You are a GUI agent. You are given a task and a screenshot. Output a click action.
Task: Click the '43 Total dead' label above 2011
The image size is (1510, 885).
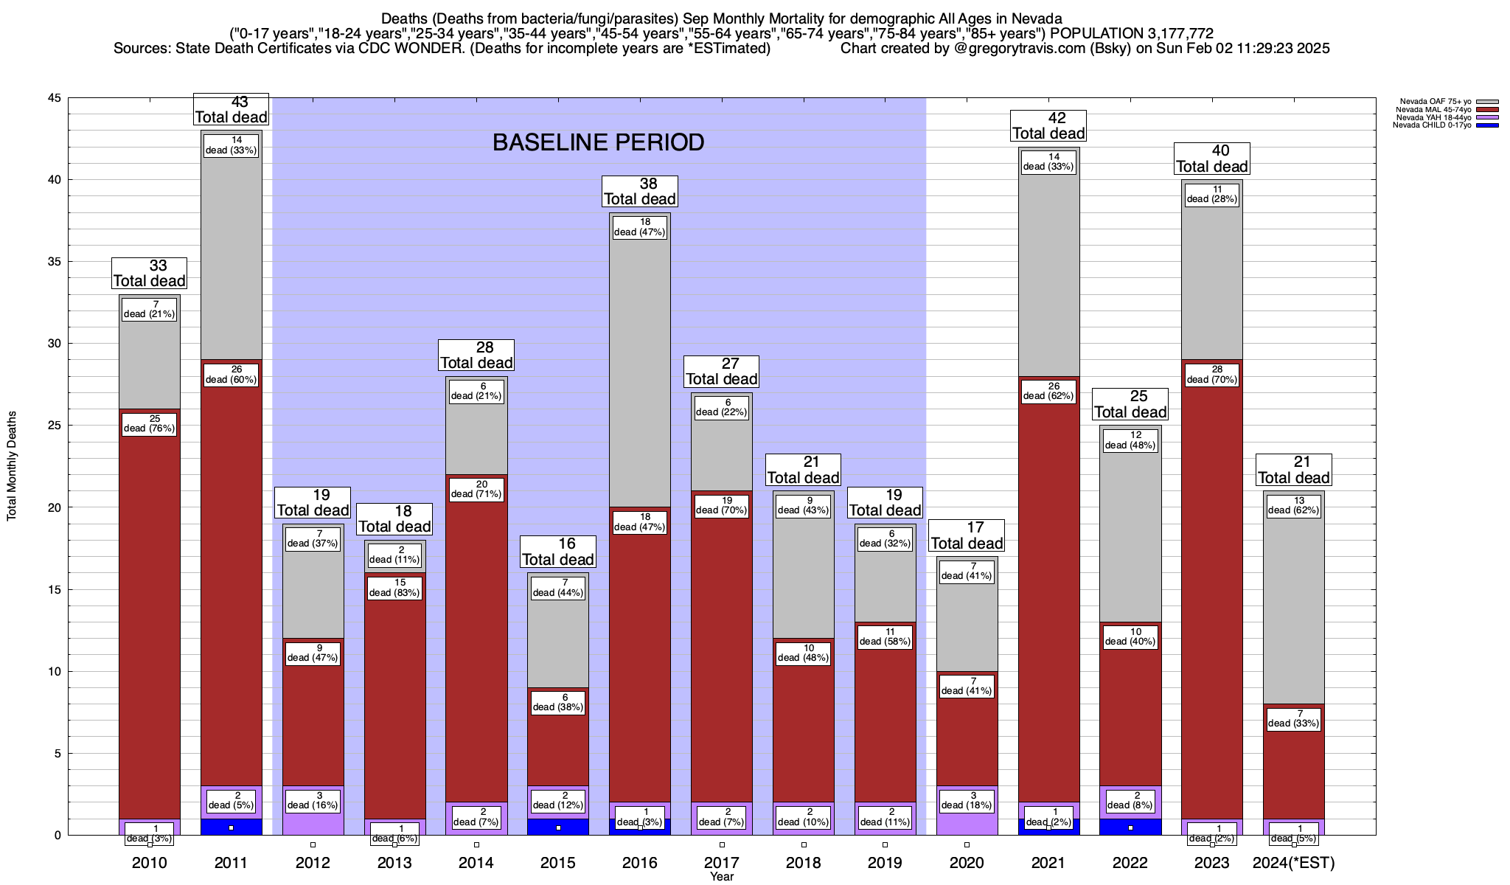pyautogui.click(x=231, y=109)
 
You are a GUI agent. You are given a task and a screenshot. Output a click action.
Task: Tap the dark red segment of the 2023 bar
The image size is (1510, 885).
pyautogui.click(x=1212, y=590)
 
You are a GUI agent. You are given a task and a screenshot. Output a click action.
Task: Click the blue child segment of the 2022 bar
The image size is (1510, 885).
pyautogui.click(x=1130, y=827)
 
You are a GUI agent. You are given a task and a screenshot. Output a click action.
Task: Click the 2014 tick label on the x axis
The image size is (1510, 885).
pyautogui.click(x=476, y=863)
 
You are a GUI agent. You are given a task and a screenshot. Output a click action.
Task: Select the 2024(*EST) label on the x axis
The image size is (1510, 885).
pyautogui.click(x=1294, y=863)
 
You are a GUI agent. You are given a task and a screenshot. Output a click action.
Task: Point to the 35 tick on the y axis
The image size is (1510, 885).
pyautogui.click(x=54, y=262)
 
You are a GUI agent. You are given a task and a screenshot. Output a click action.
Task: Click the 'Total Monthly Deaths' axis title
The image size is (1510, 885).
pyautogui.click(x=12, y=466)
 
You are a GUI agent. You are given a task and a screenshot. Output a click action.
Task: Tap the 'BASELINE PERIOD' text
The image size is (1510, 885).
pyautogui.click(x=598, y=142)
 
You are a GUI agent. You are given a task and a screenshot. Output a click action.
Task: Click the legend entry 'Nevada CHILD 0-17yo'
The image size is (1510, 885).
pyautogui.click(x=1431, y=125)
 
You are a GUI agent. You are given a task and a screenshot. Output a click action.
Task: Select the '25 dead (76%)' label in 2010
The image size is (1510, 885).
pyautogui.click(x=149, y=424)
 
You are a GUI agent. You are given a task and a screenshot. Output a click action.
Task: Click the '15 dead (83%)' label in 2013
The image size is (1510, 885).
pyautogui.click(x=394, y=588)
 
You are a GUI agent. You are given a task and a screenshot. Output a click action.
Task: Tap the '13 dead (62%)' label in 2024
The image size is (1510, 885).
pyautogui.click(x=1294, y=505)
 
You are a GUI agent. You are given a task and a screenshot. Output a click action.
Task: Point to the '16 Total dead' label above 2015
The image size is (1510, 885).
pyautogui.click(x=558, y=552)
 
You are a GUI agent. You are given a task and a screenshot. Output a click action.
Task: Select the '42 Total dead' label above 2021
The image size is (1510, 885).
pyautogui.click(x=1048, y=125)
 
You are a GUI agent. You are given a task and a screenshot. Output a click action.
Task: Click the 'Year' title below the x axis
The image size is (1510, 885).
pyautogui.click(x=722, y=877)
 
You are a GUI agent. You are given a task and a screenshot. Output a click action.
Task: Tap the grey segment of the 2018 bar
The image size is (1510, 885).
pyautogui.click(x=804, y=568)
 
